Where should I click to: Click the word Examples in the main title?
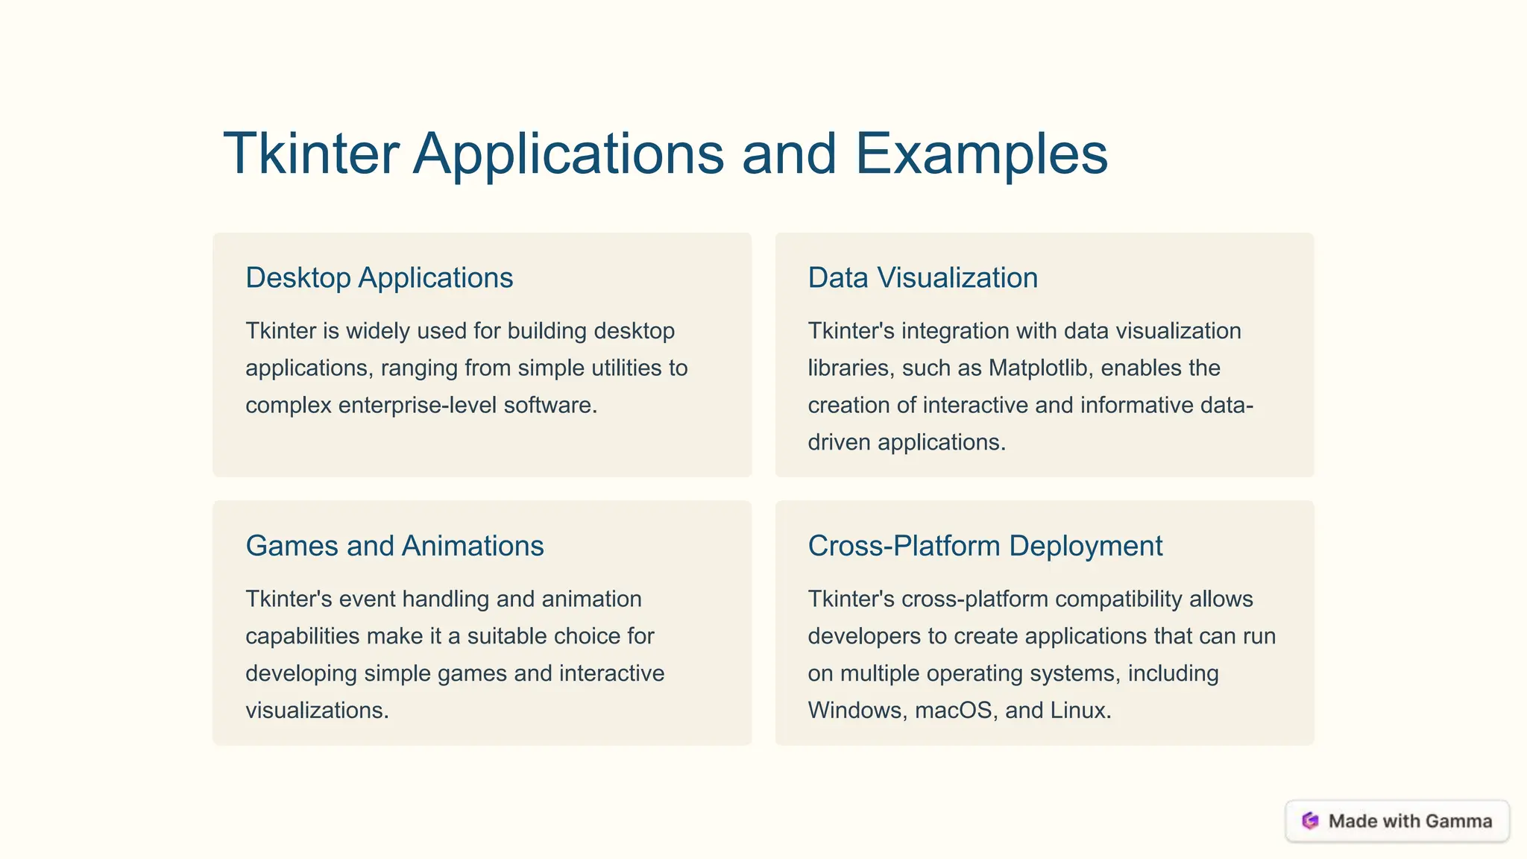981,154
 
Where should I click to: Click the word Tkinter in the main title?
311,154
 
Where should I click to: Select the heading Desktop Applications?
379,277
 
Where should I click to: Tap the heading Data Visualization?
922,277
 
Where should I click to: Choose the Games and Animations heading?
394,546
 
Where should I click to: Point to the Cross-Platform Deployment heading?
985,546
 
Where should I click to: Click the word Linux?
1080,710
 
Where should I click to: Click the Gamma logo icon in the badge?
1310,821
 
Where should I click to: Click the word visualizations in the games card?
317,710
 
